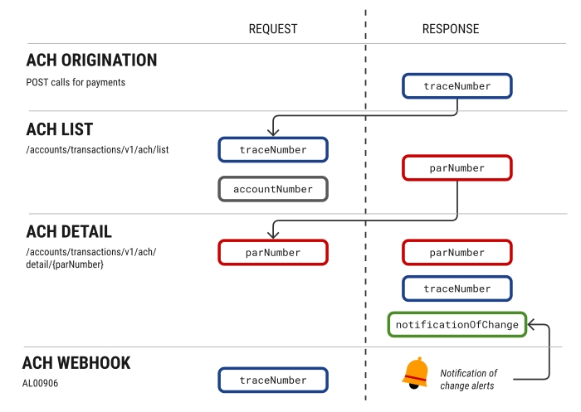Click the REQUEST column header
coord(272,29)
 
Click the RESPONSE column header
coord(451,29)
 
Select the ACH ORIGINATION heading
coord(91,61)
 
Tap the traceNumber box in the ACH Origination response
coord(457,86)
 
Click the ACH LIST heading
coord(59,130)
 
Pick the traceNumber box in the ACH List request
coord(273,150)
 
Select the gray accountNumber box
coord(273,189)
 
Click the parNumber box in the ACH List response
coord(457,168)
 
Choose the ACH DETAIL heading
coord(69,231)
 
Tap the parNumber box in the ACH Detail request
coord(273,252)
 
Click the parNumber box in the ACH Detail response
coord(457,252)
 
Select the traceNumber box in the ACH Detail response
coord(457,288)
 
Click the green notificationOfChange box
coord(457,324)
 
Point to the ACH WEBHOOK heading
coord(76,363)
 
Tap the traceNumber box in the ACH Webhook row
coord(273,380)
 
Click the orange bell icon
coord(415,374)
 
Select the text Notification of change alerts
coord(469,379)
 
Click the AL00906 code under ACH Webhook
coord(40,384)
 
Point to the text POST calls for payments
coord(76,82)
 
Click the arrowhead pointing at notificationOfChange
coord(533,324)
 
